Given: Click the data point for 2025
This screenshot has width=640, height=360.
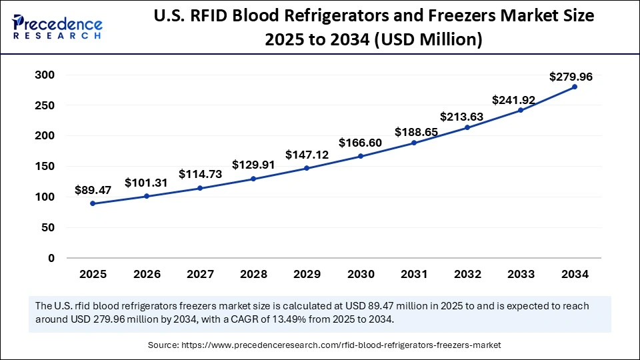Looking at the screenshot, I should coord(93,203).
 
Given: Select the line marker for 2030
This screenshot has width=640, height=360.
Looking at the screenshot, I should coord(360,156).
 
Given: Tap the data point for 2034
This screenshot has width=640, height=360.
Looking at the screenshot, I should coord(574,87).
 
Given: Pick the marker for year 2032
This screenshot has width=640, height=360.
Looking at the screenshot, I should coord(467,127).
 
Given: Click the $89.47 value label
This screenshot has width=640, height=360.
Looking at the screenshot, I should coord(93,190).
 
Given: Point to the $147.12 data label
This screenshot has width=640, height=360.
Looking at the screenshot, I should coord(307,155).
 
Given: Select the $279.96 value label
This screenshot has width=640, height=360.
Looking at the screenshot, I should coord(571,77).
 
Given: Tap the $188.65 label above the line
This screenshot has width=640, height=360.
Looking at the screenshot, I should coord(416,132).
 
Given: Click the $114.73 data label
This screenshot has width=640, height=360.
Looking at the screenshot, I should coord(200,174).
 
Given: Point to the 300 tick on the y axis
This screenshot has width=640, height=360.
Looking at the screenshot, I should coord(44,75).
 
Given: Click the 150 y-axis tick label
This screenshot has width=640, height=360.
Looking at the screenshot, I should coord(44,167).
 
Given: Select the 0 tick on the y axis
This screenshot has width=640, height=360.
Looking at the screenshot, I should coord(51,258).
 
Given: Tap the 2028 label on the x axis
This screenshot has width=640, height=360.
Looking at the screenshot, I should coord(253,274).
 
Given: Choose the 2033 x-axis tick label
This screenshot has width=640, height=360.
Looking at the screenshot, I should coord(521,274).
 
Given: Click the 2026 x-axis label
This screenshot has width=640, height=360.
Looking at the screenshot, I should coord(146,274).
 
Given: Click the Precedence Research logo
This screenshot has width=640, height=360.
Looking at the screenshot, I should coord(57,27).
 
